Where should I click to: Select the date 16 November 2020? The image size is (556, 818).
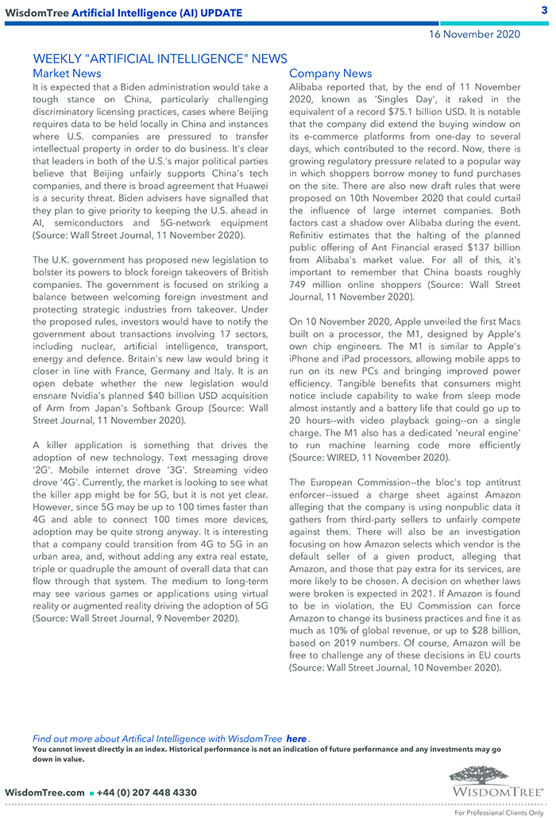point(474,34)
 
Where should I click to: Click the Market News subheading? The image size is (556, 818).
point(67,74)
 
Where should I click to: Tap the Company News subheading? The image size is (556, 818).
point(330,74)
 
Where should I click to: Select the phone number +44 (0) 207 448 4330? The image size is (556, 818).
point(146,792)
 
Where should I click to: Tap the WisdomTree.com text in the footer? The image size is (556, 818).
point(44,792)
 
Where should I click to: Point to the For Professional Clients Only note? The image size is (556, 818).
point(499,812)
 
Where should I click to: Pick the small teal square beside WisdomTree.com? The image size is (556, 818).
point(91,793)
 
